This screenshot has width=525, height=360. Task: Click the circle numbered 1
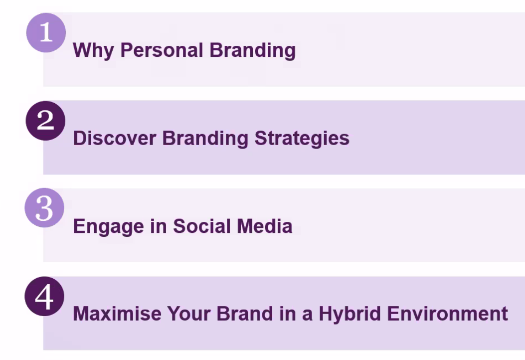pyautogui.click(x=46, y=32)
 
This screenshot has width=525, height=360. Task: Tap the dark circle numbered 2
pyautogui.click(x=45, y=121)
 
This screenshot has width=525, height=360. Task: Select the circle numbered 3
pyautogui.click(x=44, y=208)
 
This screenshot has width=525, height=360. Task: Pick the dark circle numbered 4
pyautogui.click(x=44, y=296)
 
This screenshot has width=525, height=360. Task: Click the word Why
pyautogui.click(x=93, y=50)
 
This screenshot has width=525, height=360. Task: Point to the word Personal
pyautogui.click(x=162, y=50)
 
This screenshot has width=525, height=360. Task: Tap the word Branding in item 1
pyautogui.click(x=252, y=50)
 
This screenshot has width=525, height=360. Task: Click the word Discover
pyautogui.click(x=115, y=138)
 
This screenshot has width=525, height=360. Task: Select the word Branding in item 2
pyautogui.click(x=205, y=139)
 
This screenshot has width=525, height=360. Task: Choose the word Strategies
pyautogui.click(x=302, y=139)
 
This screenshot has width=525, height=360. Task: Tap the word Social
pyautogui.click(x=202, y=226)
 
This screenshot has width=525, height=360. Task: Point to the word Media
pyautogui.click(x=265, y=226)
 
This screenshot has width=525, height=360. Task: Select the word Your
pyautogui.click(x=189, y=314)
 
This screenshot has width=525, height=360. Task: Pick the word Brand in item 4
pyautogui.click(x=245, y=314)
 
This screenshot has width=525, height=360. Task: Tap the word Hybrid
pyautogui.click(x=350, y=314)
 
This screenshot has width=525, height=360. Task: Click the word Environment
pyautogui.click(x=448, y=314)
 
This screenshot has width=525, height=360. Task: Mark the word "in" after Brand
pyautogui.click(x=287, y=314)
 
